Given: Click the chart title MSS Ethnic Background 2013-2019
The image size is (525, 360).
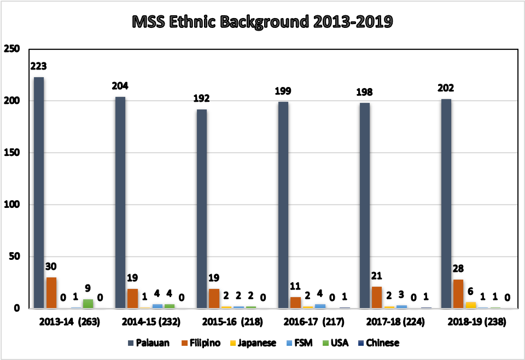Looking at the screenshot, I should pyautogui.click(x=263, y=22).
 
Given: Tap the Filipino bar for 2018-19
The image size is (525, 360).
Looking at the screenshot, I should pyautogui.click(x=458, y=294).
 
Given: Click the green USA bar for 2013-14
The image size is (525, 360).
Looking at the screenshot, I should pyautogui.click(x=88, y=304).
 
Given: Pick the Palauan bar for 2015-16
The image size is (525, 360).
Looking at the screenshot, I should pyautogui.click(x=202, y=208).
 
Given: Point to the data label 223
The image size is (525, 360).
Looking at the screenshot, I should pyautogui.click(x=39, y=66).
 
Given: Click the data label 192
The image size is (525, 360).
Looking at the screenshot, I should pyautogui.click(x=202, y=98).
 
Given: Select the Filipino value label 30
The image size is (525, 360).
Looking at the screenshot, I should pyautogui.click(x=51, y=266).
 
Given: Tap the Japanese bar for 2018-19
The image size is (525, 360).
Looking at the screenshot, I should pyautogui.click(x=470, y=305).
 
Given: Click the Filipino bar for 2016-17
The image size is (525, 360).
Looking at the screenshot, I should pyautogui.click(x=295, y=303).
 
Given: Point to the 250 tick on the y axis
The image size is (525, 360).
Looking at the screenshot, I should pyautogui.click(x=12, y=49).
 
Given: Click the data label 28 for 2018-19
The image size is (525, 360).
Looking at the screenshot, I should pyautogui.click(x=458, y=269).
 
